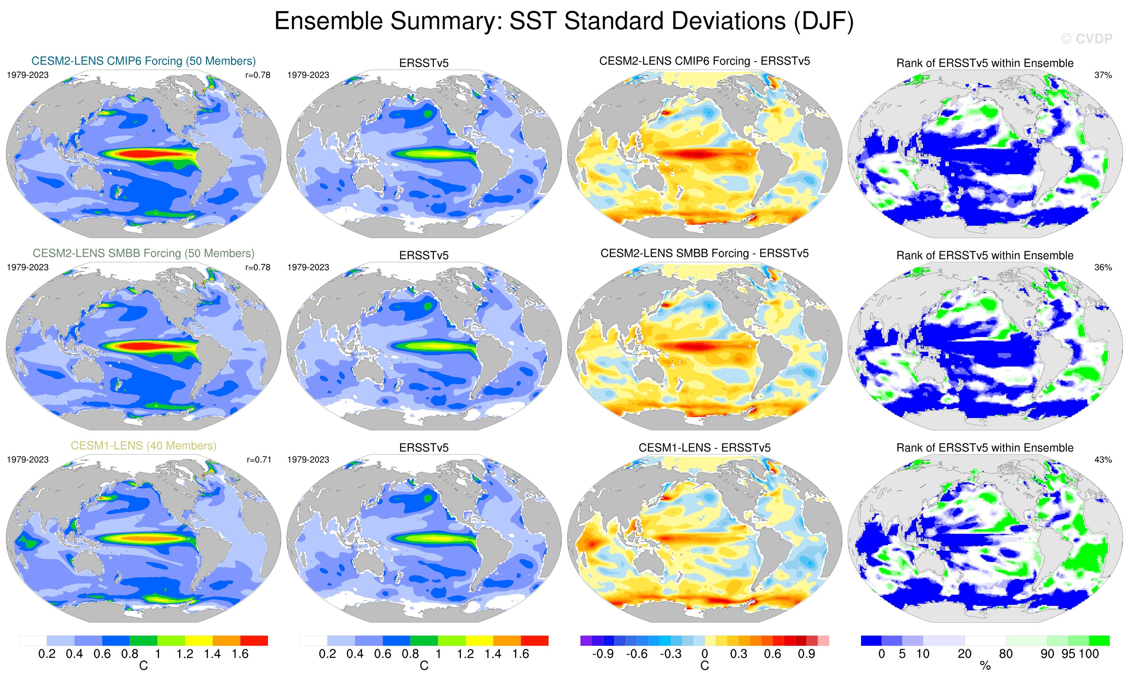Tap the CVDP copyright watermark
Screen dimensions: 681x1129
(1086, 39)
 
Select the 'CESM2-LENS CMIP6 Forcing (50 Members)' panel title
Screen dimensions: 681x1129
(143, 61)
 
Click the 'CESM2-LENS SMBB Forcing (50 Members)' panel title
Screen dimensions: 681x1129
(143, 253)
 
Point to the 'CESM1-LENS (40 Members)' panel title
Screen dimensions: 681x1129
(143, 446)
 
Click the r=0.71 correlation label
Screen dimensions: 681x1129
(259, 459)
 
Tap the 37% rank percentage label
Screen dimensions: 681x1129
(1103, 75)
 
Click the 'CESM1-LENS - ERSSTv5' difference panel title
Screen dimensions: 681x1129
(704, 447)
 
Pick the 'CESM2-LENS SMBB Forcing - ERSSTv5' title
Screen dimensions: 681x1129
(704, 253)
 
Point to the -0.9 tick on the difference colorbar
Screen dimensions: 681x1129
(603, 654)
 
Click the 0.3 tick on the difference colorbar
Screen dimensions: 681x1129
(738, 654)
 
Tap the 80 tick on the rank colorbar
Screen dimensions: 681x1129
(1006, 654)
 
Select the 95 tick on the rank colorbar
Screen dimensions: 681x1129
(1068, 654)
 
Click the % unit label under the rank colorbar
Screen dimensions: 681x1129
(985, 666)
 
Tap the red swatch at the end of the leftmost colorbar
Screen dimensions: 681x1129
(254, 640)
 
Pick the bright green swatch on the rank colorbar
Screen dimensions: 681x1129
(1099, 640)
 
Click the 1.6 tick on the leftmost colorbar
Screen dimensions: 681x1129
(240, 654)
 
